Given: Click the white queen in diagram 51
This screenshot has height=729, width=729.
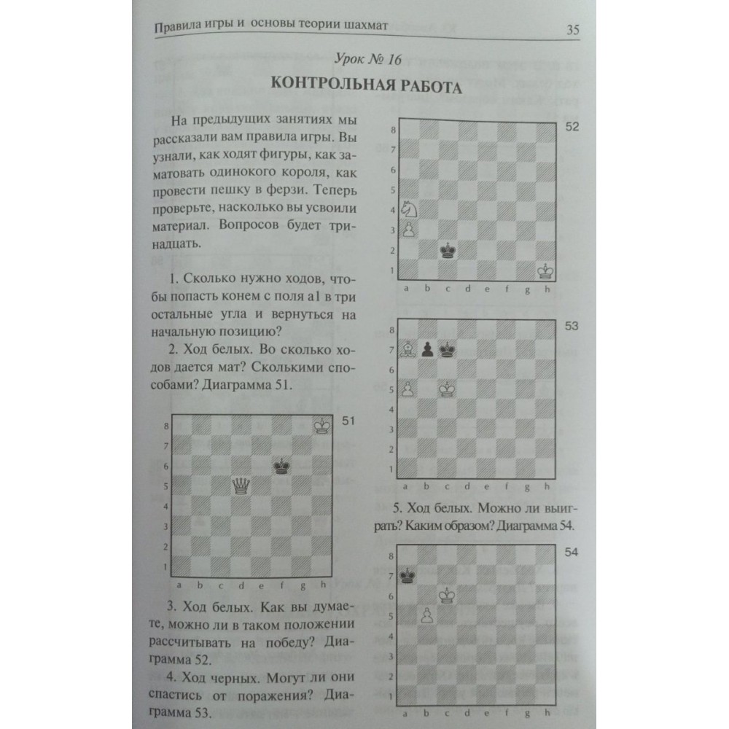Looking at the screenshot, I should click(x=240, y=486).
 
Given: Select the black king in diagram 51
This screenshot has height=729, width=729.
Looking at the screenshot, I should click(x=281, y=466).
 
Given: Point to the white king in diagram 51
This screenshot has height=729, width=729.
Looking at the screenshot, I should click(x=321, y=425).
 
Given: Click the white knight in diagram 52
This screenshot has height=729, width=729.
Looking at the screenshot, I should click(x=410, y=209).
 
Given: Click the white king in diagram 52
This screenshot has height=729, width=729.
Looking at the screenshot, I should click(x=544, y=271).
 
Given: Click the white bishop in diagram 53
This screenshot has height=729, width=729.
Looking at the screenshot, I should click(x=410, y=350).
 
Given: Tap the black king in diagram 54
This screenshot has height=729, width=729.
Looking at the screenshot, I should click(x=410, y=577).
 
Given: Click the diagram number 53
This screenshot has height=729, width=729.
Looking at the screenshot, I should click(x=571, y=325).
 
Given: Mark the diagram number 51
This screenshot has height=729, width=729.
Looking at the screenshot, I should click(x=348, y=421).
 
